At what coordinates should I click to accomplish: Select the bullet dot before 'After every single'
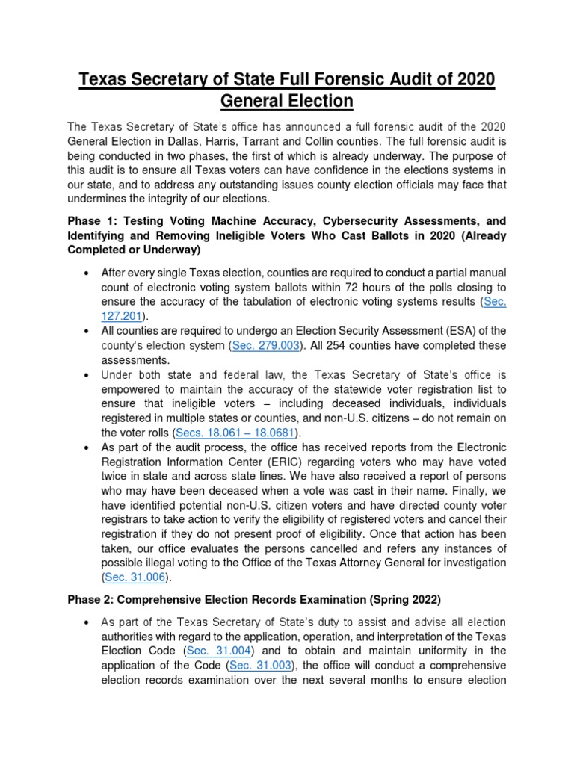coord(89,273)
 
